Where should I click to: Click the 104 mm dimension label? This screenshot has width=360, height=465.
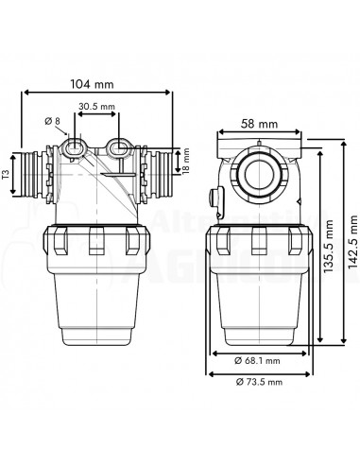[x=95, y=83]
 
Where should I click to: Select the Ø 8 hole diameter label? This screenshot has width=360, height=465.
[x=55, y=122]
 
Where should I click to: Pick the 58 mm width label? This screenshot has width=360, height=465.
[x=258, y=124]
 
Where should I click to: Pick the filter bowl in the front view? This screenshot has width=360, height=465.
[x=94, y=302]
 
